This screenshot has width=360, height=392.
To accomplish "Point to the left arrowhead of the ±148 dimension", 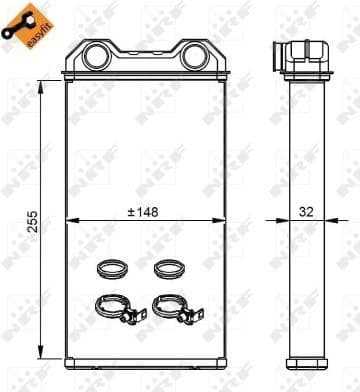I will coord(71,219).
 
